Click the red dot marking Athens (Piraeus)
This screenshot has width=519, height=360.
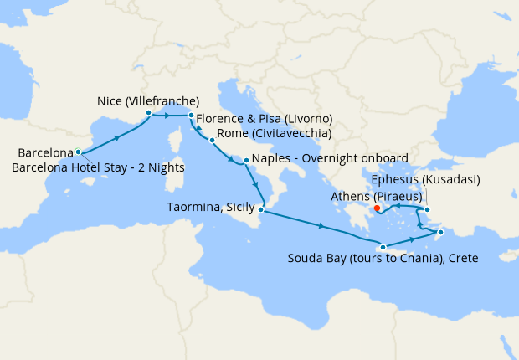377,208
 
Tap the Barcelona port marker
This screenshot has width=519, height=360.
78,152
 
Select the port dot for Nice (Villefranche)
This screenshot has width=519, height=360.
148,112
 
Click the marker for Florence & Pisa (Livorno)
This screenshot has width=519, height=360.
191,115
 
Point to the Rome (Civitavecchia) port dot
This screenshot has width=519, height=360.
212,140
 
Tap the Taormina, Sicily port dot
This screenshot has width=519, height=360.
261,210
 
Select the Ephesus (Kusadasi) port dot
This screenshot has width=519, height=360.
427,210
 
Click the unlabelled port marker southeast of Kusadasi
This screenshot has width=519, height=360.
440,232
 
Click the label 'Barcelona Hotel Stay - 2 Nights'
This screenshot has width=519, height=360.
98,167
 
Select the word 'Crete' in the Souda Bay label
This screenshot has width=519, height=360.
462,259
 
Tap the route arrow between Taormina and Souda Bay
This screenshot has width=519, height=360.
321,226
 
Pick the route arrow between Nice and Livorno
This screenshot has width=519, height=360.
170,115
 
